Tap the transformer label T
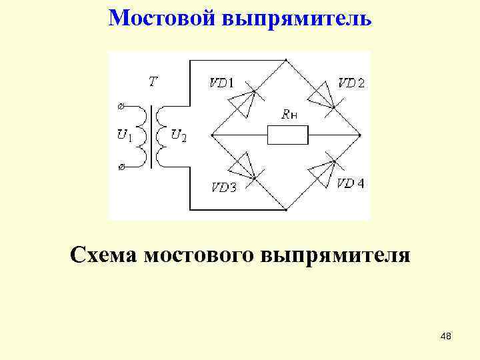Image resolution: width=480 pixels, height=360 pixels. (153, 82)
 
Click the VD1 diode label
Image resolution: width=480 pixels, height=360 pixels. (221, 83)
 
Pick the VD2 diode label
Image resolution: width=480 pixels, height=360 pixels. (351, 83)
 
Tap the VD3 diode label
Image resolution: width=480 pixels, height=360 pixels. (224, 187)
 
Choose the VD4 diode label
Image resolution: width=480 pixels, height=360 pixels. (351, 183)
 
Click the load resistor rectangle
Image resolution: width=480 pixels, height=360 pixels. (287, 135)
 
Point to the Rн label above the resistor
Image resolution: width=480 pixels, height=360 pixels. (289, 115)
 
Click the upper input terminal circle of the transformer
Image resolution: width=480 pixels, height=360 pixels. (121, 105)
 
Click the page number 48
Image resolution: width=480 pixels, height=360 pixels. (446, 337)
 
